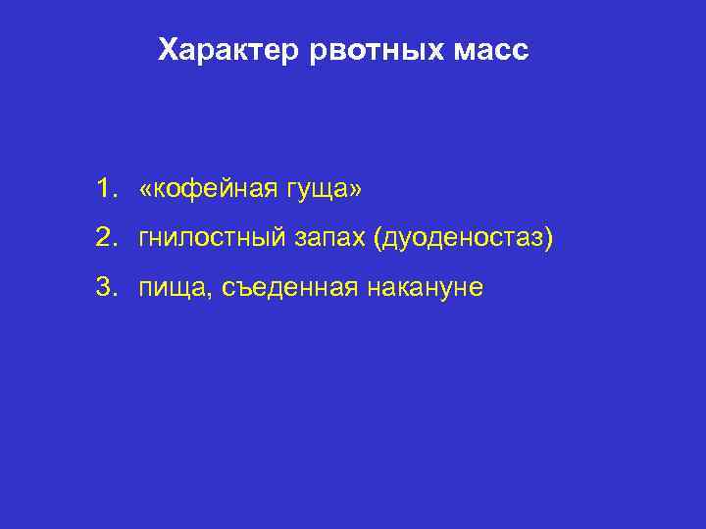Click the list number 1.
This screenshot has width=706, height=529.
click(103, 186)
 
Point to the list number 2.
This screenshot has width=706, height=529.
click(103, 237)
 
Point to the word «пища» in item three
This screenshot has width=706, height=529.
click(171, 289)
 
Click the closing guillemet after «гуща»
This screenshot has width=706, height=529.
click(355, 188)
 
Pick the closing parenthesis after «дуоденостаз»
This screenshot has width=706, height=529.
click(548, 238)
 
